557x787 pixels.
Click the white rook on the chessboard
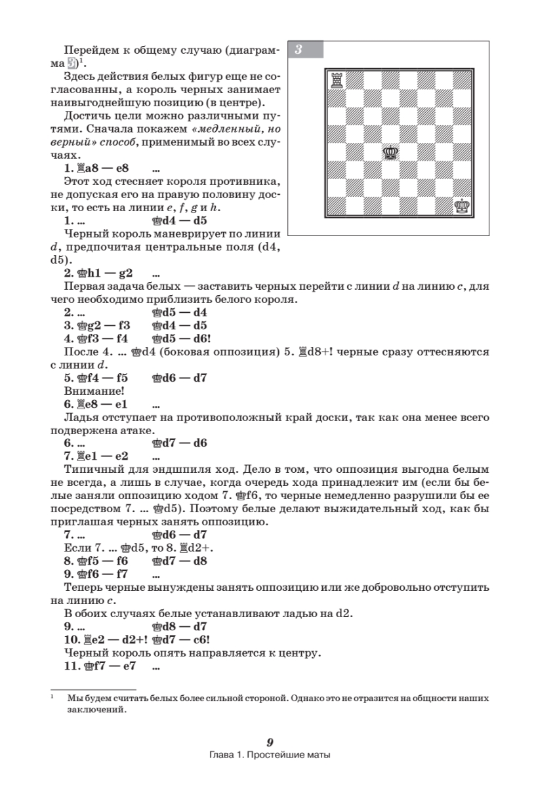337,79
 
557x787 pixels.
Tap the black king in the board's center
391,152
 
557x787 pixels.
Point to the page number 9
270,742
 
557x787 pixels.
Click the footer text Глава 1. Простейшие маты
270,755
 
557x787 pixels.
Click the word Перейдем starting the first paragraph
87,50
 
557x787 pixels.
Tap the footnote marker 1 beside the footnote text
52,697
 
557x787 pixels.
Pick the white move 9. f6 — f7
96,575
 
